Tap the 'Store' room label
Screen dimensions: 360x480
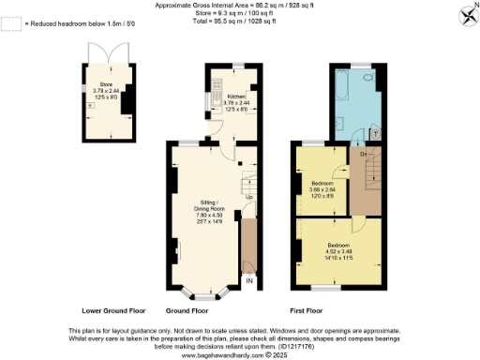(x=106, y=84)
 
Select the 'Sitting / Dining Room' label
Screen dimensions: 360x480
(x=208, y=207)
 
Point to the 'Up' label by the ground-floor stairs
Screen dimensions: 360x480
(x=249, y=198)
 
